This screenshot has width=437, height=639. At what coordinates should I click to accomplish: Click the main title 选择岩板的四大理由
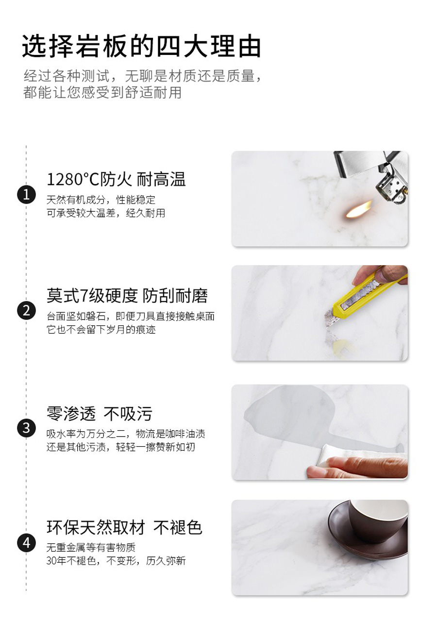[141, 47]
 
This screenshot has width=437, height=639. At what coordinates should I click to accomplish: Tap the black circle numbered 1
[27, 195]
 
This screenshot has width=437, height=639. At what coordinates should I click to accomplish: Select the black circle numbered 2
[27, 310]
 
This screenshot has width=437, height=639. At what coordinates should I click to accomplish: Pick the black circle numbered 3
[27, 428]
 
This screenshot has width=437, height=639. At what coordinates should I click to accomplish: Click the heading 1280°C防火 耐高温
[116, 180]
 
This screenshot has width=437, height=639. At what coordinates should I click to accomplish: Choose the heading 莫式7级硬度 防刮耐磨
[127, 295]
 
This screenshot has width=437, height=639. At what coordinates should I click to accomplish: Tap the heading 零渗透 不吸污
[100, 414]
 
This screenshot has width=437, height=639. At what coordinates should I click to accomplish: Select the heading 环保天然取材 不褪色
[124, 527]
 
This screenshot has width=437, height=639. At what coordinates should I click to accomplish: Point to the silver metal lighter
[374, 174]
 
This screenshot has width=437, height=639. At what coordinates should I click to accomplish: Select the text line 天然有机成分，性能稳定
[101, 200]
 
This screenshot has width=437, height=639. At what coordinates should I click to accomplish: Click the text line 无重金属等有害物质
[91, 547]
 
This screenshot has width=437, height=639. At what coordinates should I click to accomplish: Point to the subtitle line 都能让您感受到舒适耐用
[102, 92]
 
